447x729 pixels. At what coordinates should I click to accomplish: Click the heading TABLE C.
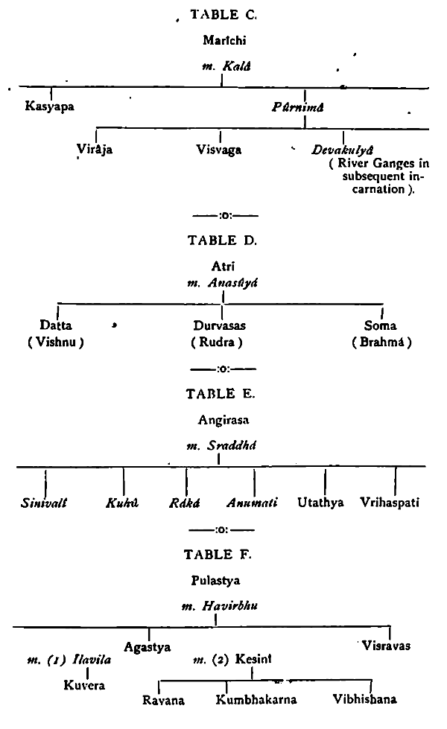[222, 15]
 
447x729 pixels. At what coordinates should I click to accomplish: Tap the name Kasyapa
[51, 106]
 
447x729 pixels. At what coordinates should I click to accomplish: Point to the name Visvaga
[221, 149]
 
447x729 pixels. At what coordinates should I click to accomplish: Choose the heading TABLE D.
[222, 240]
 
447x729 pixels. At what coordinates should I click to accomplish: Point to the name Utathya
[320, 503]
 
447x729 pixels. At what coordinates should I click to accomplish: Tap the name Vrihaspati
[390, 503]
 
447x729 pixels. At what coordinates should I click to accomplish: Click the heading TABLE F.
[222, 554]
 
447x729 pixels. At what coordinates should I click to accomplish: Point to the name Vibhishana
[366, 700]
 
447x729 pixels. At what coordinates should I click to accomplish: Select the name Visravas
[384, 645]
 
